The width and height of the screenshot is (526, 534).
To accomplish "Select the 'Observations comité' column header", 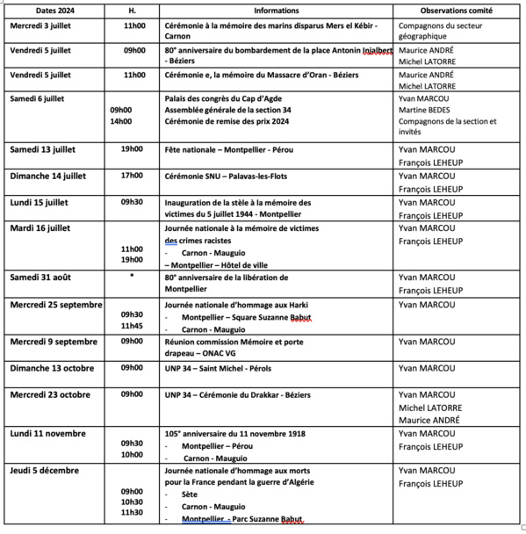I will (x=446, y=11).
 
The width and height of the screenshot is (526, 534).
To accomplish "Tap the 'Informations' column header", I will (x=276, y=11).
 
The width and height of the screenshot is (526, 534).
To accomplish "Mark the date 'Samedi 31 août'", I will (x=41, y=278).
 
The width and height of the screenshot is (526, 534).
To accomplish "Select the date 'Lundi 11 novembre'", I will (x=48, y=433).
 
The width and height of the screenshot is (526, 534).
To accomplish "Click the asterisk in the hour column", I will (x=132, y=278).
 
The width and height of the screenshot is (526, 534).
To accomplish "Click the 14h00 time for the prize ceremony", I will (x=120, y=121).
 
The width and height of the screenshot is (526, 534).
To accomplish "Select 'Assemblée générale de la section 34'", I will (x=230, y=110).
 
